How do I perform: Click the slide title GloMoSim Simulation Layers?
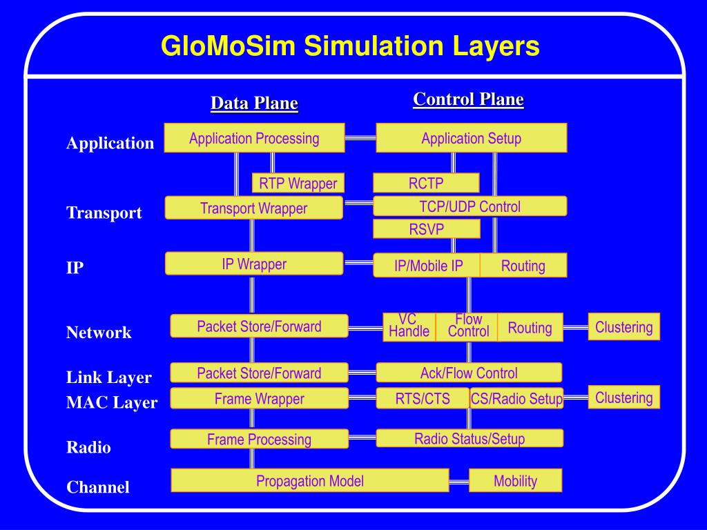click(x=350, y=47)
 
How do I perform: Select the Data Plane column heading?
click(x=254, y=104)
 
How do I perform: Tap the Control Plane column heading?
click(x=468, y=99)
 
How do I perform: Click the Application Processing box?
click(x=254, y=138)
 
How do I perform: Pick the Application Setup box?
click(x=471, y=138)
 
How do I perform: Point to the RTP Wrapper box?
click(x=298, y=183)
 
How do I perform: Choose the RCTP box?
click(x=426, y=183)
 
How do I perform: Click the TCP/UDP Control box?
click(x=469, y=206)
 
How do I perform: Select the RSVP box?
click(x=426, y=229)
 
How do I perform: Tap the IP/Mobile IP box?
click(x=427, y=266)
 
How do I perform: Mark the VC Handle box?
click(x=409, y=327)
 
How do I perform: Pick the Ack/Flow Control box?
click(x=468, y=373)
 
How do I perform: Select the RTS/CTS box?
click(x=423, y=398)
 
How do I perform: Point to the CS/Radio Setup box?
click(x=516, y=398)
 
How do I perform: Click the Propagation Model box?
click(x=310, y=480)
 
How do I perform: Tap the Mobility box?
click(x=515, y=480)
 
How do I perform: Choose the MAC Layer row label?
click(x=112, y=402)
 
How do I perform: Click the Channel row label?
click(x=98, y=487)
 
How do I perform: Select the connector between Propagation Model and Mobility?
click(x=459, y=481)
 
